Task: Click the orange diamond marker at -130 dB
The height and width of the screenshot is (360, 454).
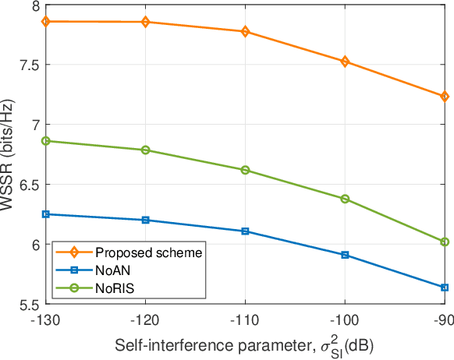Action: (45, 21)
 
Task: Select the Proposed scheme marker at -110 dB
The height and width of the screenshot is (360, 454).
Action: (245, 32)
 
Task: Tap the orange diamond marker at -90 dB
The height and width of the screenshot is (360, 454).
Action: (445, 97)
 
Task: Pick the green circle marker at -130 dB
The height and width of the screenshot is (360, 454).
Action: (45, 141)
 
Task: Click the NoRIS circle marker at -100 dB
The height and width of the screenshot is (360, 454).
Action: (345, 199)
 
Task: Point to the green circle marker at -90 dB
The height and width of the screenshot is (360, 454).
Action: (445, 242)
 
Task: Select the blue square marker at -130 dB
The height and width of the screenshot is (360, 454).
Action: (45, 214)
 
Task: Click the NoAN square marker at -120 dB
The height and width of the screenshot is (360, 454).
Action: (145, 220)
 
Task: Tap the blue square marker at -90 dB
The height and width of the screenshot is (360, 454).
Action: (445, 288)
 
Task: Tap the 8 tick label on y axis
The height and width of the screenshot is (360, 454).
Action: (35, 5)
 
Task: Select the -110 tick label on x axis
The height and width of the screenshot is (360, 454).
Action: (245, 319)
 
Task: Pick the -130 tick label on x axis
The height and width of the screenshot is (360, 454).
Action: (45, 319)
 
